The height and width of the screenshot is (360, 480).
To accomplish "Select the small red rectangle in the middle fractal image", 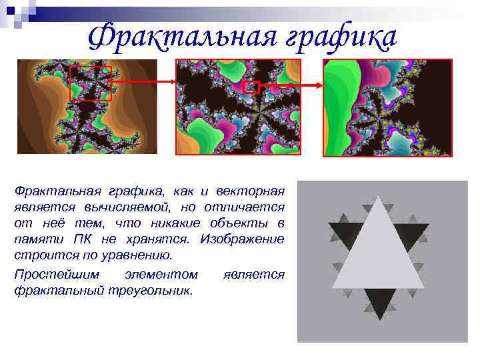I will click(x=251, y=87).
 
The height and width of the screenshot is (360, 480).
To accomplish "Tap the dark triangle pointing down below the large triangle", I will click(x=377, y=303).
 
